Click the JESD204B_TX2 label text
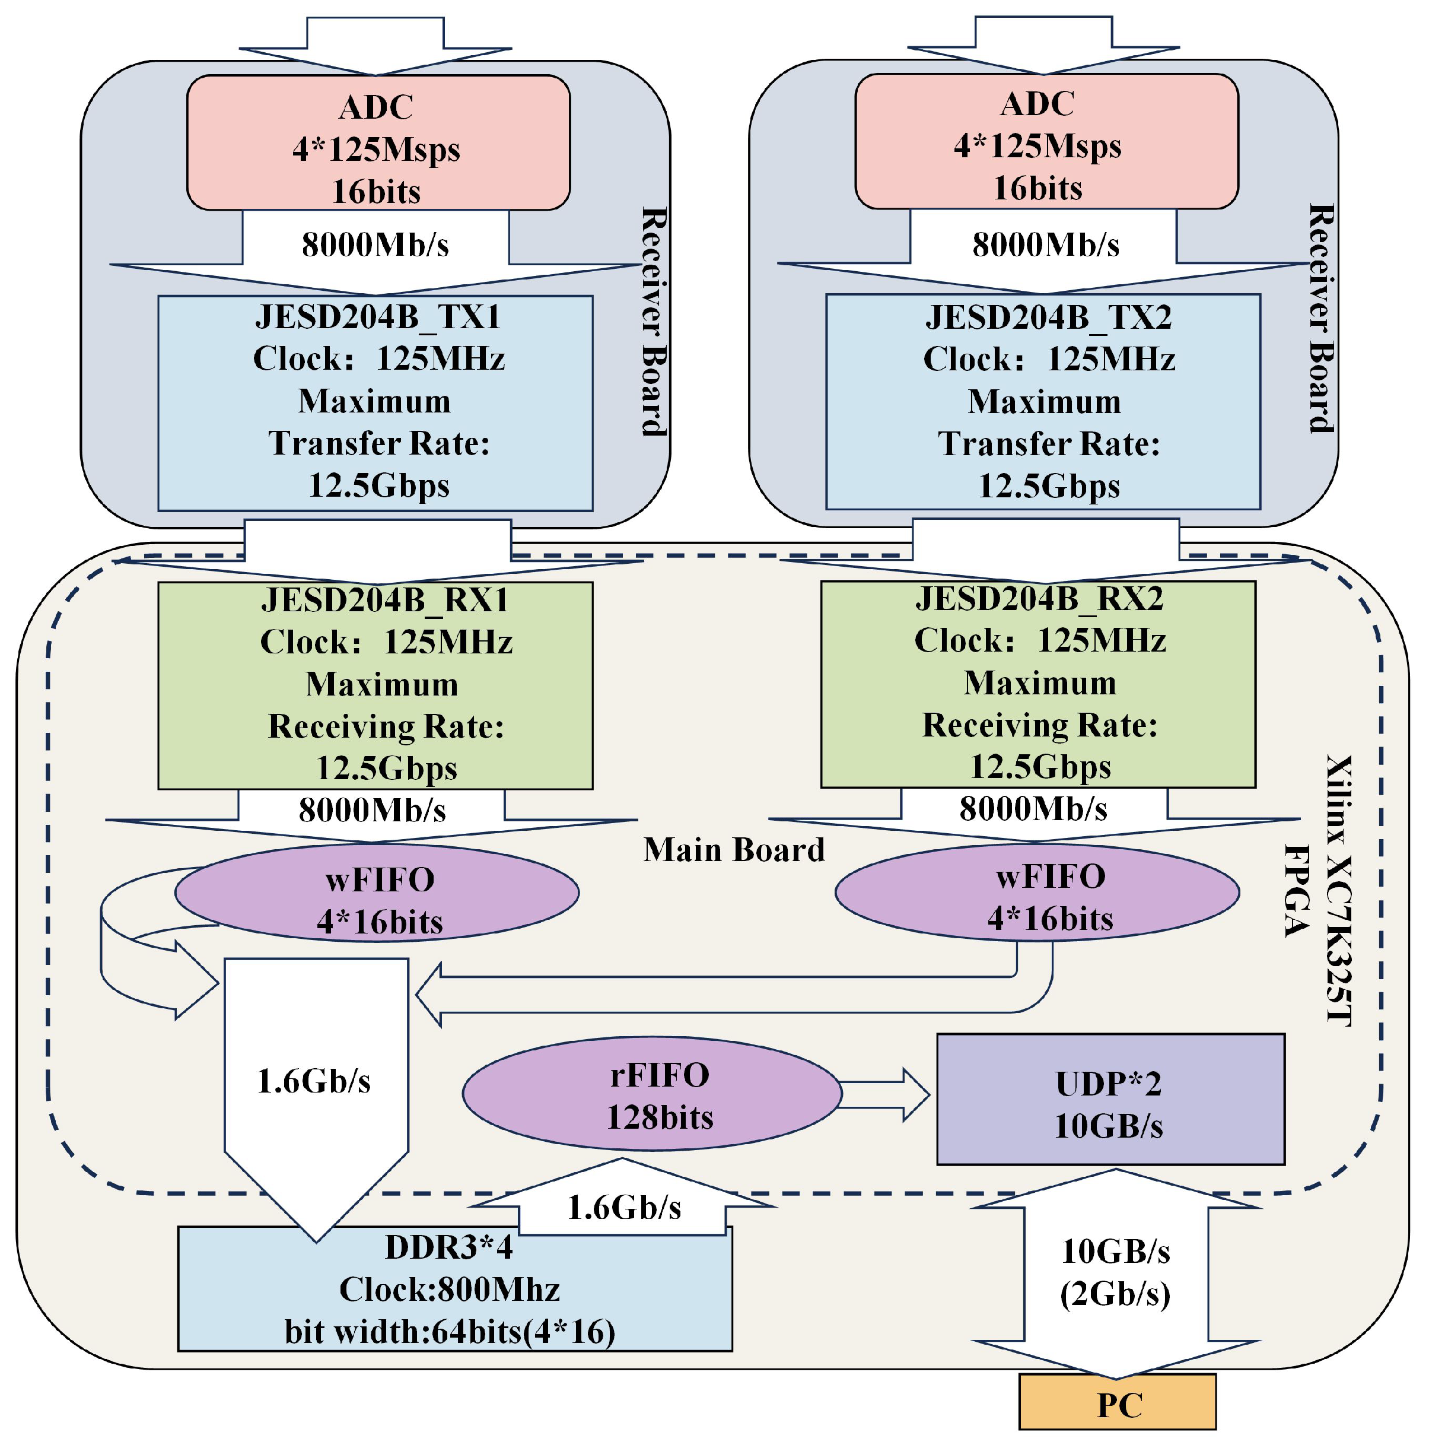pos(1048,317)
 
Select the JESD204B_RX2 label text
pos(1039,599)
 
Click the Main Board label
pos(733,850)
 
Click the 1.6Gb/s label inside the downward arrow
pos(314,1081)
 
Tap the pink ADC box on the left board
pos(378,142)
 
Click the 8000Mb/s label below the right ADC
pos(1045,245)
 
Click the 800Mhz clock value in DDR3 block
pos(498,1290)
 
